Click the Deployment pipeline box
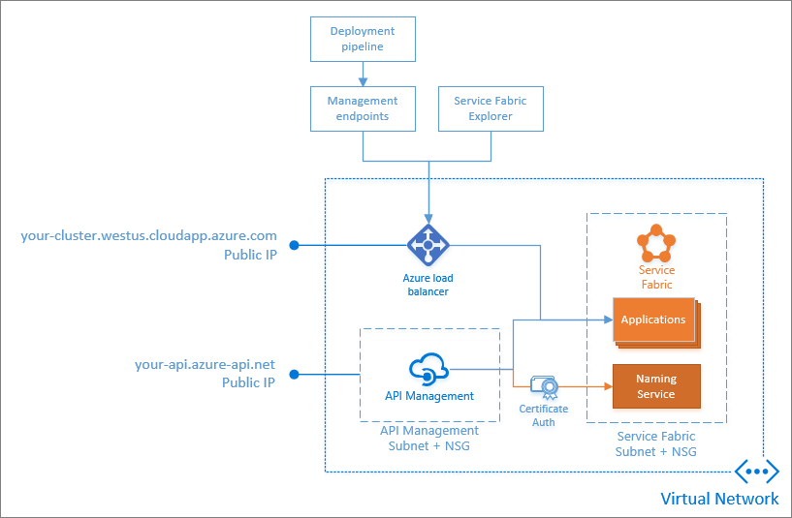point(363,39)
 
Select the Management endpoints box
point(363,108)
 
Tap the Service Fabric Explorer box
point(491,108)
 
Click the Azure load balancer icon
point(427,245)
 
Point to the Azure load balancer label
point(427,285)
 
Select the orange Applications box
point(654,320)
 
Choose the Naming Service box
point(656,386)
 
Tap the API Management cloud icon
point(428,369)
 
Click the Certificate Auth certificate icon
point(544,388)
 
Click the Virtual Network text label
point(718,499)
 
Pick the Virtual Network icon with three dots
point(756,472)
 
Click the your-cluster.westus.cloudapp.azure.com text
point(148,235)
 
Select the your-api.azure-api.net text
point(205,365)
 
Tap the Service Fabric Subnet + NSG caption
point(656,443)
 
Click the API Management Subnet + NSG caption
point(429,438)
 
